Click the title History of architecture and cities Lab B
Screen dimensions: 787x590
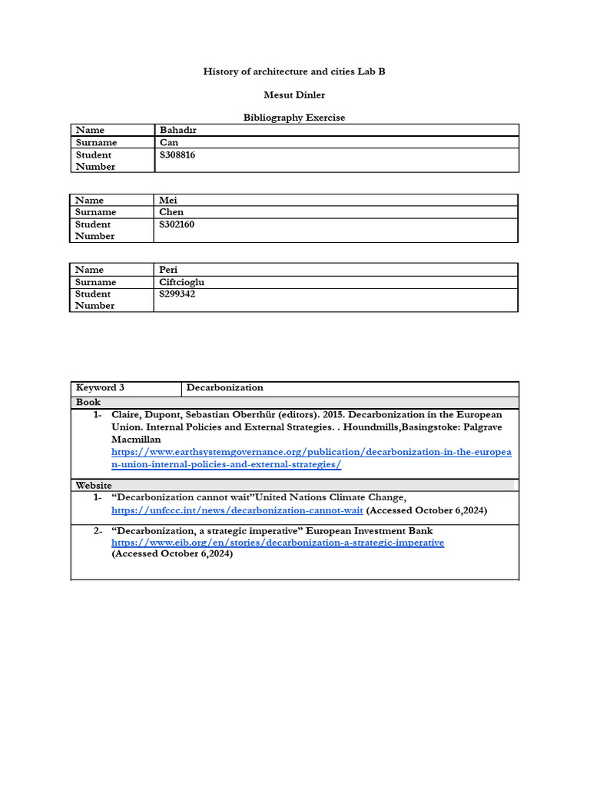[294, 71]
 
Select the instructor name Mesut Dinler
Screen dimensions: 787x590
[294, 95]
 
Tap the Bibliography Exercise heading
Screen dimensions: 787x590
[294, 118]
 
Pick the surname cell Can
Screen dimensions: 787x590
[169, 142]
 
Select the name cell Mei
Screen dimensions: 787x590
[168, 200]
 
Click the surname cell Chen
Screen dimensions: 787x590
[171, 212]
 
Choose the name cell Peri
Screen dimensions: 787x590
[168, 270]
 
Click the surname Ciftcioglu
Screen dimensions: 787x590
[181, 282]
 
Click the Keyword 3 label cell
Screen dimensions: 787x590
[100, 387]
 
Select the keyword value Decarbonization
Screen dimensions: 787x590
[224, 387]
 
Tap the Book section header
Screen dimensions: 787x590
[88, 402]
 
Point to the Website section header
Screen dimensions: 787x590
[94, 485]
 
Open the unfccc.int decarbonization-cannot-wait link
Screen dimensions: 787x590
[237, 510]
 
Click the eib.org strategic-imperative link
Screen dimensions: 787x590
[277, 543]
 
